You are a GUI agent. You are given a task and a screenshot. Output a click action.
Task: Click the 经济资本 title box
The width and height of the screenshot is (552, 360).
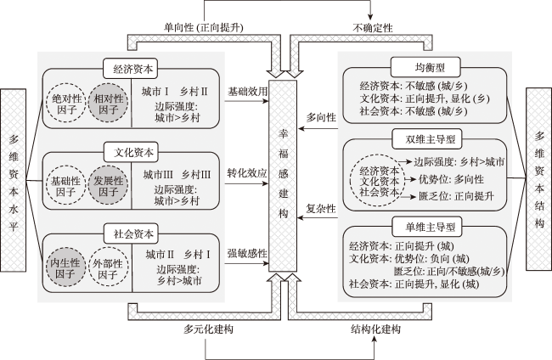click(131, 69)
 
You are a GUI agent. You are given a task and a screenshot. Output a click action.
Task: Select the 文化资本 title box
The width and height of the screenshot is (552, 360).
click(132, 152)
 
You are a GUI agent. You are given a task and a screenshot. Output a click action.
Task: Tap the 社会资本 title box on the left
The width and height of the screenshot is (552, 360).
click(132, 233)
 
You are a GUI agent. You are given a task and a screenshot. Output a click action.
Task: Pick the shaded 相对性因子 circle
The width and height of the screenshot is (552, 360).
click(108, 104)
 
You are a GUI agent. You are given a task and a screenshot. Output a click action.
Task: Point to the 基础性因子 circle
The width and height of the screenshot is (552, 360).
click(66, 186)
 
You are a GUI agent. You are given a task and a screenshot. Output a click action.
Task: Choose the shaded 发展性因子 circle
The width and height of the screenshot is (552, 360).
click(108, 186)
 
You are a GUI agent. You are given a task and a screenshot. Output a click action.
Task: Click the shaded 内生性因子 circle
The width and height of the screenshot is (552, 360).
click(66, 267)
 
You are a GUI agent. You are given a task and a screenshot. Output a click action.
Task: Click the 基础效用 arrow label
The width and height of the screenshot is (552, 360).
click(247, 92)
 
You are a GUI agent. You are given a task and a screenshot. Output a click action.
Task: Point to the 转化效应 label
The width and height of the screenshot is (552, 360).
click(247, 173)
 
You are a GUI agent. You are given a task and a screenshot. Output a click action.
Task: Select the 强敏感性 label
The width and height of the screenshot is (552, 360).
click(247, 253)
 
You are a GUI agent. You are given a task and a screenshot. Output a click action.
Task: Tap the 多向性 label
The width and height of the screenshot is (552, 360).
click(321, 117)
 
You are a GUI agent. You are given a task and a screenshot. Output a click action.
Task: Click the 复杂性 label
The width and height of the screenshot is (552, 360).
click(321, 208)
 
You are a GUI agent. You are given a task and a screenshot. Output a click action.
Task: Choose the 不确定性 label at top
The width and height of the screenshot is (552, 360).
click(373, 27)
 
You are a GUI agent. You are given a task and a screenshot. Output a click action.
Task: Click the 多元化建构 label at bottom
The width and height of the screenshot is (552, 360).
click(208, 329)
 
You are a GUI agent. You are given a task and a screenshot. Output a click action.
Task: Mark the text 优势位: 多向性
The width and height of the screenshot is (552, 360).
click(451, 179)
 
